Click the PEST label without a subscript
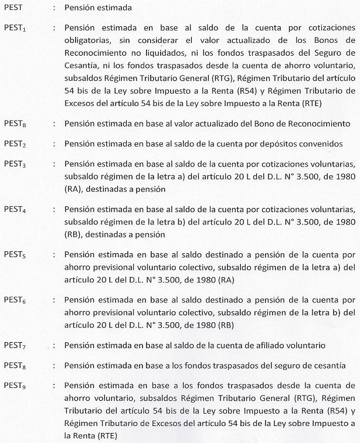tap(13, 9)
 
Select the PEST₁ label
tap(15, 28)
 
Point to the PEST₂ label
tap(15, 142)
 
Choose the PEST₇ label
tap(15, 346)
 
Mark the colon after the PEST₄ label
tap(55, 209)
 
